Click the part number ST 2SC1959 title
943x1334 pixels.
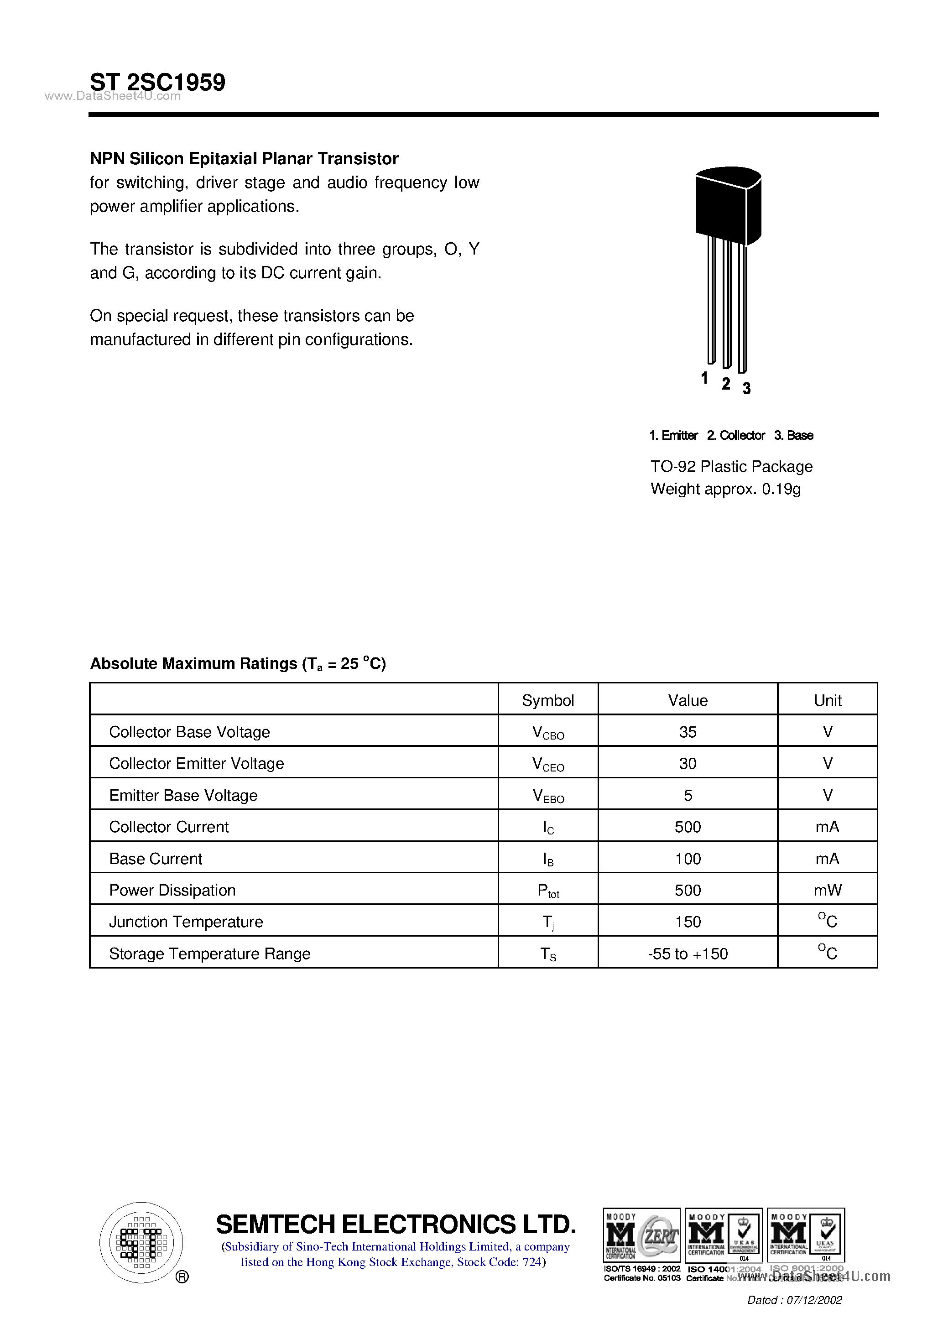point(157,83)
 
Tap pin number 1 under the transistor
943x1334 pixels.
point(704,378)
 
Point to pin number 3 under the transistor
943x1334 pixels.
point(747,388)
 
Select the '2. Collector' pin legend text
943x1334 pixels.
point(735,435)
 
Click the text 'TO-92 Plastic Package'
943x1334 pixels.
point(731,467)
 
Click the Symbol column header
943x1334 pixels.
point(547,700)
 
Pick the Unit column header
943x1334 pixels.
point(828,700)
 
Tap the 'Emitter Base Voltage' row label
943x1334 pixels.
point(183,795)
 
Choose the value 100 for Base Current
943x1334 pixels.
point(688,859)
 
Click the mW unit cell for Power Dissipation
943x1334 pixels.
point(828,890)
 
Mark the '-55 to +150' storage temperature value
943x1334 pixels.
point(688,954)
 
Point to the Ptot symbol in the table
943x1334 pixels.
point(548,891)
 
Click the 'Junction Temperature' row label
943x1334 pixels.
point(186,922)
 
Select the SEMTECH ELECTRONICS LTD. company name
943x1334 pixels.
point(396,1224)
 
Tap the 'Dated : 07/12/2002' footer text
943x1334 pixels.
point(794,1300)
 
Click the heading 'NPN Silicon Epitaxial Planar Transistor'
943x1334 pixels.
point(244,159)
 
